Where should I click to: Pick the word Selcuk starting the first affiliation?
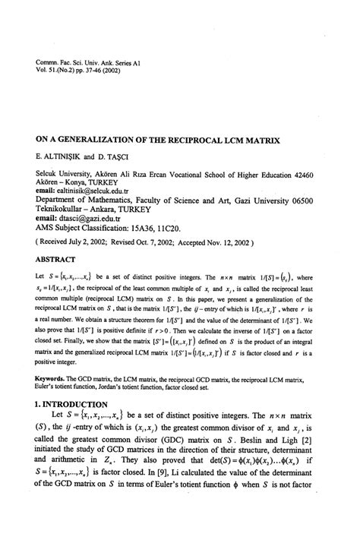(49, 174)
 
